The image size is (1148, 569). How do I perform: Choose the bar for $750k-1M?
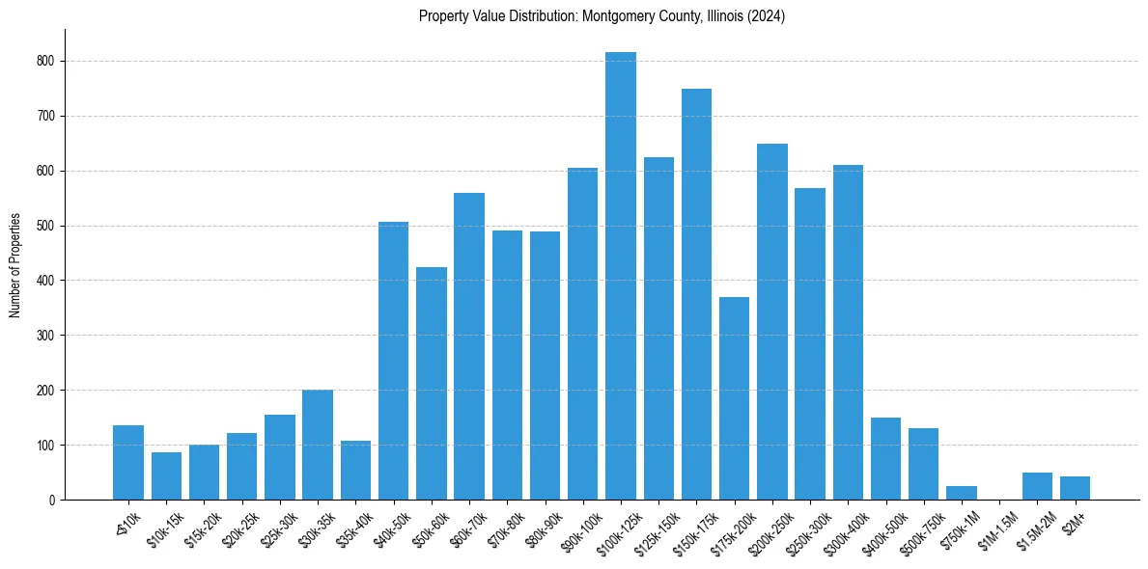(x=962, y=493)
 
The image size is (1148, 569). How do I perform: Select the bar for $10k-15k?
(x=166, y=476)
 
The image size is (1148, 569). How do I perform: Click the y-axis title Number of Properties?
(x=15, y=265)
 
